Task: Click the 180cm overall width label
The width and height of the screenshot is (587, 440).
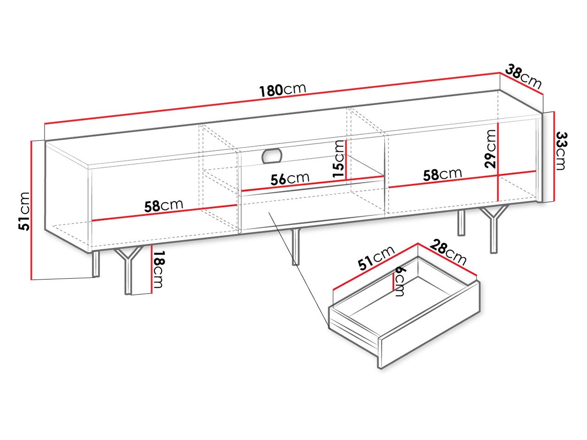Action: [282, 90]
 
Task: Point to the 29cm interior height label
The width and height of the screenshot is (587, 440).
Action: [490, 149]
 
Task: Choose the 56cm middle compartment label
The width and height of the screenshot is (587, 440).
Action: [290, 179]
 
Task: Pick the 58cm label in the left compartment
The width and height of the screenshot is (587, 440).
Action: [164, 205]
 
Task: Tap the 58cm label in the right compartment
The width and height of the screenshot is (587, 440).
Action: [443, 174]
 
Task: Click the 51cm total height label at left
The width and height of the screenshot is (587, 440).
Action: [24, 211]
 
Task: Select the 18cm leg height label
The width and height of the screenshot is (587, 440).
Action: [158, 269]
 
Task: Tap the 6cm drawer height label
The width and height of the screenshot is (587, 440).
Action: [399, 281]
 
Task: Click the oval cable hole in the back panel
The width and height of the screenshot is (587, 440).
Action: [272, 156]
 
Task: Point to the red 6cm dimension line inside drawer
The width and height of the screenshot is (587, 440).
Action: [393, 281]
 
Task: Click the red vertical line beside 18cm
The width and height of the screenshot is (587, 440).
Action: [151, 269]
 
